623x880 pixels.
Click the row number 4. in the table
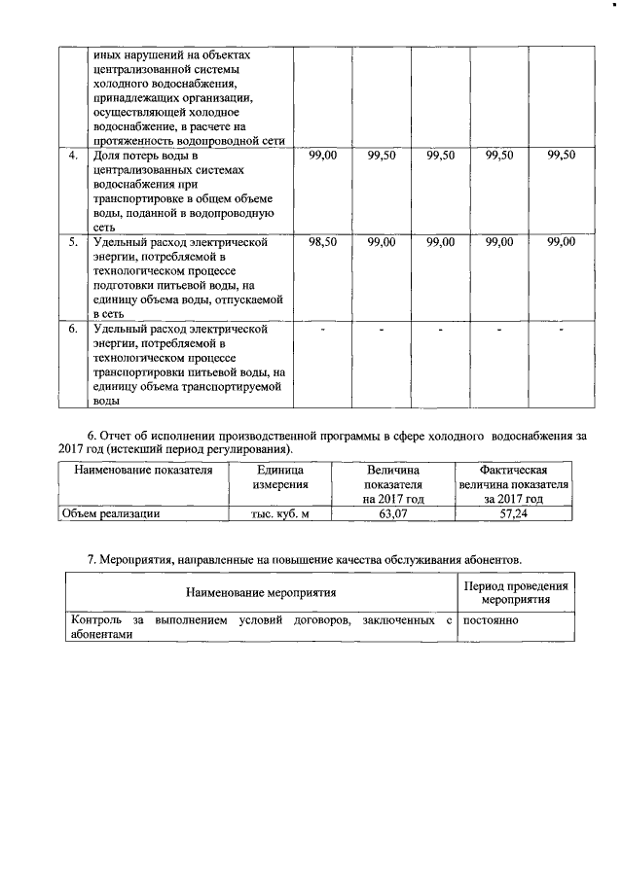click(x=73, y=156)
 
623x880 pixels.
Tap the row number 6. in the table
click(x=73, y=330)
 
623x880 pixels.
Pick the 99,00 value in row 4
click(x=322, y=156)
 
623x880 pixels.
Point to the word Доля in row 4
click(x=107, y=156)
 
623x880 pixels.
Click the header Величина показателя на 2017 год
click(x=393, y=484)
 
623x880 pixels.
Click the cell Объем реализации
click(x=110, y=514)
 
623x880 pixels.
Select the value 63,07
click(x=393, y=514)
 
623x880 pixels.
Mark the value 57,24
click(x=513, y=514)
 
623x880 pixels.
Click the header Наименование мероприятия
click(x=261, y=592)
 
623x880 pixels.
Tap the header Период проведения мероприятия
click(x=516, y=592)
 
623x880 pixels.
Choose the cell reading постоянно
click(x=492, y=619)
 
